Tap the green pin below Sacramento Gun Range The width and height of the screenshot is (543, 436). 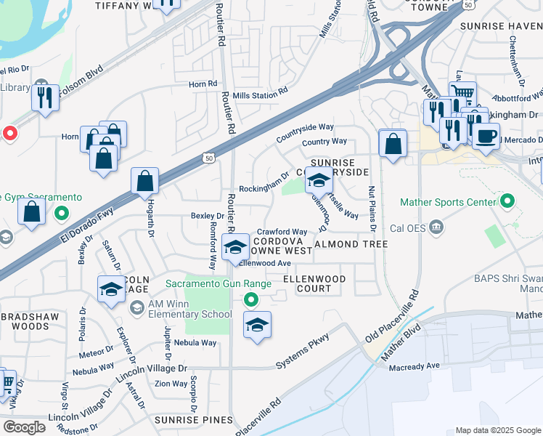click(x=251, y=299)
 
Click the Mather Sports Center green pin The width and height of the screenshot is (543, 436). click(x=507, y=201)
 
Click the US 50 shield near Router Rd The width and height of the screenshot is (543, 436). click(x=209, y=157)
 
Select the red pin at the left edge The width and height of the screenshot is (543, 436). click(x=9, y=133)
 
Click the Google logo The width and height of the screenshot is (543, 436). click(x=23, y=427)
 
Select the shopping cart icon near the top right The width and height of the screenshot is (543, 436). click(x=462, y=93)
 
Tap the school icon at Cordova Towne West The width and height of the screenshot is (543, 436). click(x=236, y=248)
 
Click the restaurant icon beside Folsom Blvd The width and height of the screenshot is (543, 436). click(x=46, y=97)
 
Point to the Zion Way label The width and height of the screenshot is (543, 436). click(x=171, y=384)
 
